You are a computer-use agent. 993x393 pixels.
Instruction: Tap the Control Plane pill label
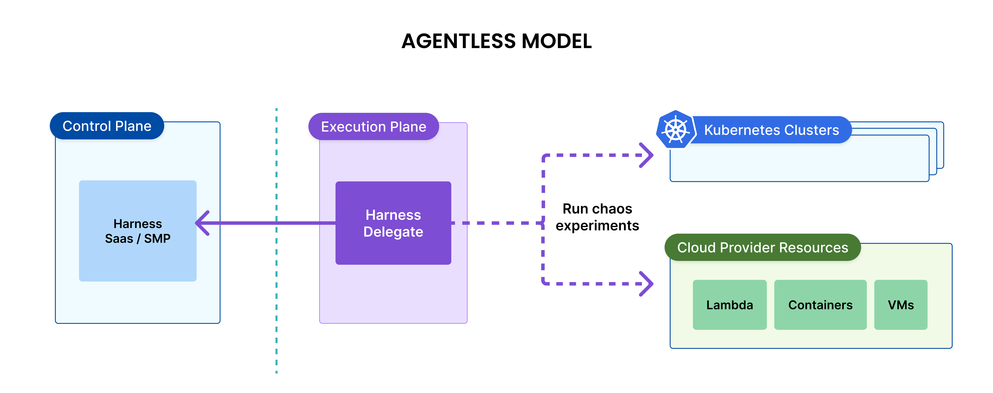click(x=107, y=126)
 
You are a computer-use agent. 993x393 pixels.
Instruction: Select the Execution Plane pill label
click(x=374, y=127)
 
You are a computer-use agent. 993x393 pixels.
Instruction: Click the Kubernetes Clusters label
click(x=771, y=130)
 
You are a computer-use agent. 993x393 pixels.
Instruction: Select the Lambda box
click(x=729, y=305)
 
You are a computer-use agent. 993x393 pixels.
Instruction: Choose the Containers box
click(x=820, y=305)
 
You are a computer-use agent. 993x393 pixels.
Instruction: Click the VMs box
click(x=900, y=305)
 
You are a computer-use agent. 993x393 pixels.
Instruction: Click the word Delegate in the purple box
click(x=393, y=232)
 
